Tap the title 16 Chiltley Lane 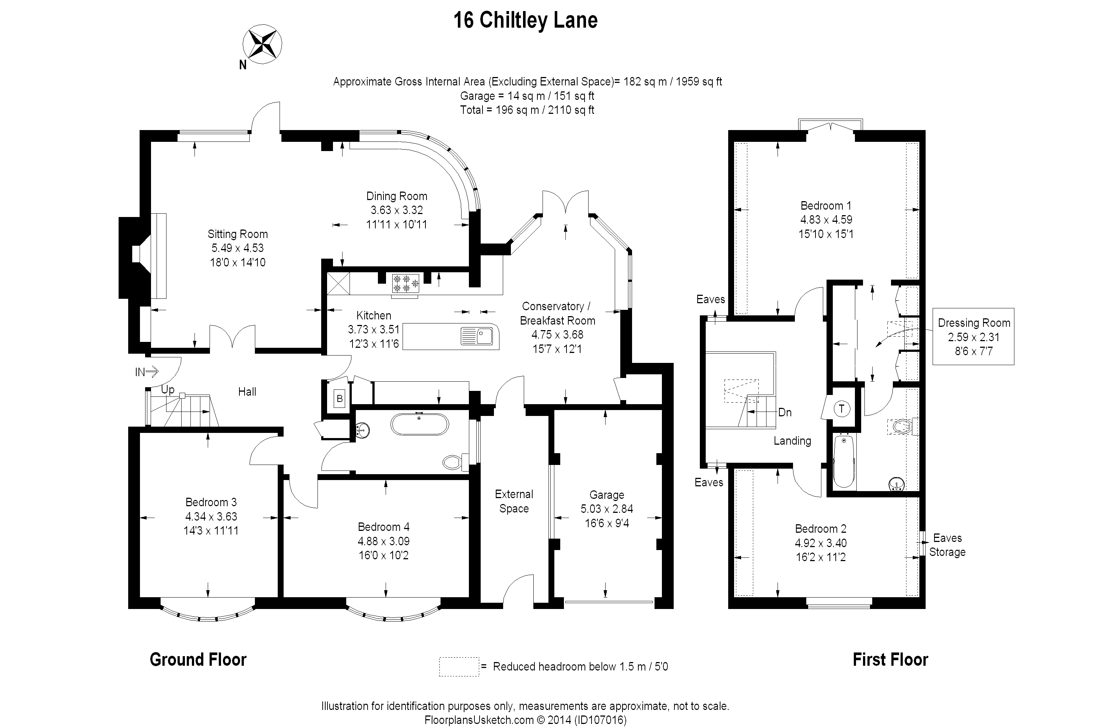click(x=525, y=20)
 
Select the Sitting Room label click(x=237, y=234)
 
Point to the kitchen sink click(x=477, y=336)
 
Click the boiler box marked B click(x=339, y=398)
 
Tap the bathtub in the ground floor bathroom click(x=420, y=424)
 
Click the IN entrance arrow click(x=147, y=371)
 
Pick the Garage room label click(x=606, y=495)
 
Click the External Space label click(x=514, y=501)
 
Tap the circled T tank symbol click(x=842, y=409)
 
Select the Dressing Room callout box click(x=973, y=337)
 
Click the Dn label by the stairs click(x=785, y=412)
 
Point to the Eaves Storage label click(x=947, y=545)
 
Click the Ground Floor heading click(x=198, y=659)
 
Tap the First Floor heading click(x=890, y=659)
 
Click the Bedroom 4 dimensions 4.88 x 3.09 click(x=383, y=541)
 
